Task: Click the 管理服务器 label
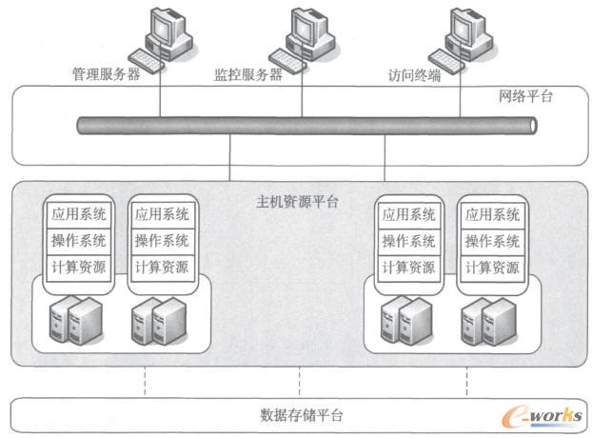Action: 107,74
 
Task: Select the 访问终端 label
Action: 415,74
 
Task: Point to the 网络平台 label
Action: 525,96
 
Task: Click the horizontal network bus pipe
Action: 305,125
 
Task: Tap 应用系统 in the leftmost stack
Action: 79,213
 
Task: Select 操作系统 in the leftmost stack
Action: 79,240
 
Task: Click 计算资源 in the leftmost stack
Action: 79,267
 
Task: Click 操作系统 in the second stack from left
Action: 162,240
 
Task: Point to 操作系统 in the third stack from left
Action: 409,240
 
